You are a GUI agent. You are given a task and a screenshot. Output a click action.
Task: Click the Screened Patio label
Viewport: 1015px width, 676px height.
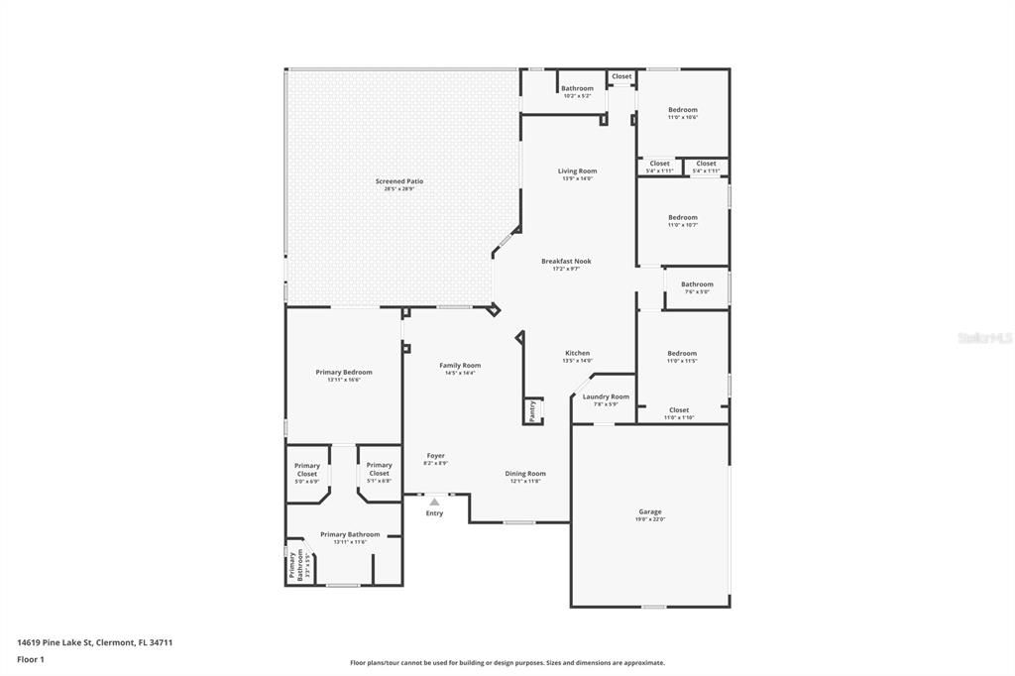pos(399,181)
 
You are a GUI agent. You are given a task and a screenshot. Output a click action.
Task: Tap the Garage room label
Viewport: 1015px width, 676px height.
pos(650,511)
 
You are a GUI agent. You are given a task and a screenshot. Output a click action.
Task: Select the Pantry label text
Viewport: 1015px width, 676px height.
pos(532,411)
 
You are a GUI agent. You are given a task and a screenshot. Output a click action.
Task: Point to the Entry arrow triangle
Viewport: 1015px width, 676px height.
pos(434,502)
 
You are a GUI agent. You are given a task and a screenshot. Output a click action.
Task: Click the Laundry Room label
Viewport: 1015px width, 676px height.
pos(606,396)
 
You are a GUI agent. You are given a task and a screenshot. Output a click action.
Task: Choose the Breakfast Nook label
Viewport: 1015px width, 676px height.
pos(566,261)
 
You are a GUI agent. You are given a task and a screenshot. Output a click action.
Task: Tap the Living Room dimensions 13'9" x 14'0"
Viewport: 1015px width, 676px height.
pos(577,178)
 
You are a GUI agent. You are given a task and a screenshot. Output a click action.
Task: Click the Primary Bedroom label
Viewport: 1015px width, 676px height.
pos(344,372)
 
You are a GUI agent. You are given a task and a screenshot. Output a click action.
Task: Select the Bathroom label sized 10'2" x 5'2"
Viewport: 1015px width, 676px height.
pos(577,88)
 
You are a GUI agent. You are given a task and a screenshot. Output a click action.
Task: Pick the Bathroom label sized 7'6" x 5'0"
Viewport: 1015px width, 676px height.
pos(697,284)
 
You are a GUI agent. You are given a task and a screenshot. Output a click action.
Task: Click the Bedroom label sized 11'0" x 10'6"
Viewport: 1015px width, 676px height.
pos(682,110)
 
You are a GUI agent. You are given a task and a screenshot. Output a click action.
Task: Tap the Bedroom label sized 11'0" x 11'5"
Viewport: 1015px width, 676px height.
pos(682,353)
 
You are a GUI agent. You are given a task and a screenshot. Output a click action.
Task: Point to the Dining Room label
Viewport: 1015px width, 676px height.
pos(525,473)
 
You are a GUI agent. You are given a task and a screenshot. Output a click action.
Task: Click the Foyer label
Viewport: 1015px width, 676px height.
pos(436,456)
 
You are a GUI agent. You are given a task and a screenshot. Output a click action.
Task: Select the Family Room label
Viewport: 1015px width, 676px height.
pos(460,365)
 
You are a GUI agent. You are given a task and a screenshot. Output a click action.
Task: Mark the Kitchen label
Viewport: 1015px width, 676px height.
pos(577,353)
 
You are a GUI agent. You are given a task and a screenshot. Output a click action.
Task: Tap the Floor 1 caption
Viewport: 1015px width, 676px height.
pos(32,658)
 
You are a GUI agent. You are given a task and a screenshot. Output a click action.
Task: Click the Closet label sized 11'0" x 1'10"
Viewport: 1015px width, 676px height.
pos(679,409)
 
